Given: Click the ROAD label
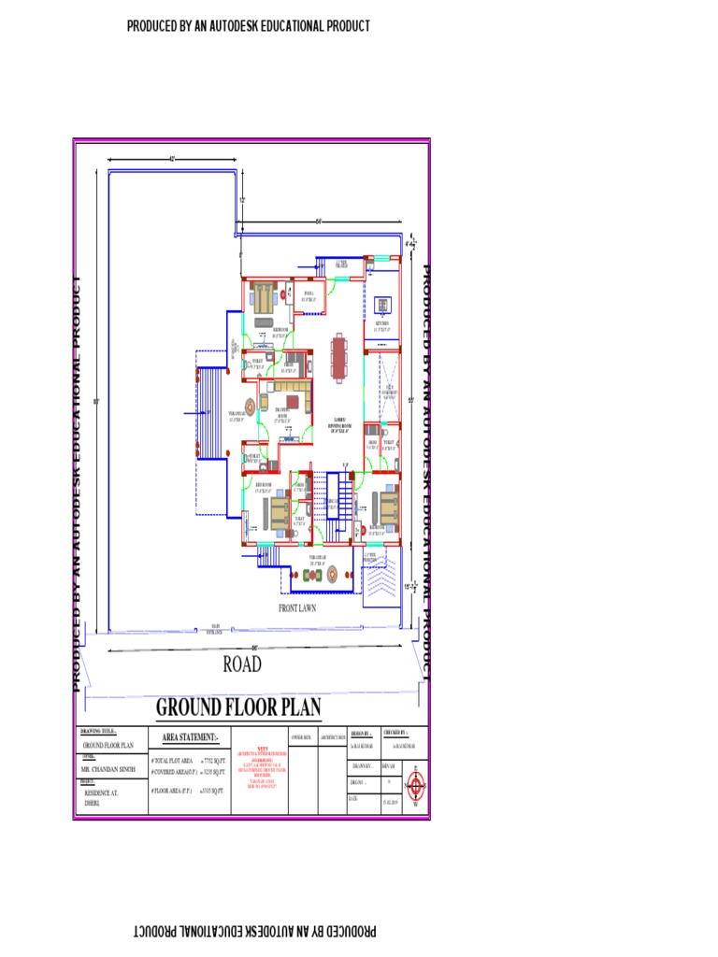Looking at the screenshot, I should click(242, 664).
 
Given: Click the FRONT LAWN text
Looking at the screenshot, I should click(298, 607).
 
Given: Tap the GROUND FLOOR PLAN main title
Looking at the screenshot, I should click(238, 707).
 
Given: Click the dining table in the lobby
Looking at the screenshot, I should click(337, 356).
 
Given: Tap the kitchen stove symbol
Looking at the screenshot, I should click(382, 305).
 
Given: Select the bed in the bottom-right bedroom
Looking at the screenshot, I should click(382, 506).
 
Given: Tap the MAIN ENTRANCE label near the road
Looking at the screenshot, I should click(215, 628).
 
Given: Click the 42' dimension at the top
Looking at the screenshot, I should click(172, 159).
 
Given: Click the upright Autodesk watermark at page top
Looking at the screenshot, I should click(249, 26).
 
